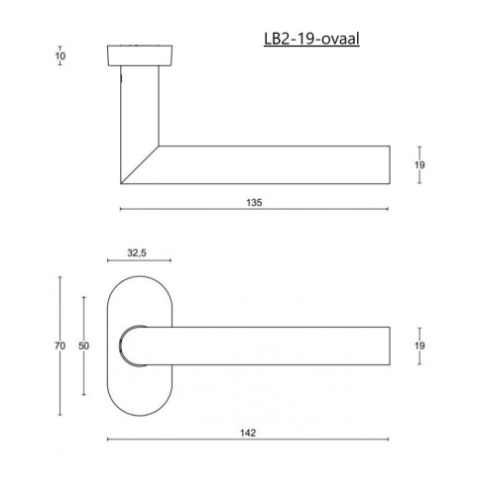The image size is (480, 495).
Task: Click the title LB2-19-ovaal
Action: [311, 39]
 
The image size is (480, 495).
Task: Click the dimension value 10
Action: [60, 55]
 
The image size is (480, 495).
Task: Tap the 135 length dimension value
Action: [254, 202]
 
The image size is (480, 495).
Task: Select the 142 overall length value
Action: [248, 433]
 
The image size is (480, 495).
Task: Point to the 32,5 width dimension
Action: [137, 252]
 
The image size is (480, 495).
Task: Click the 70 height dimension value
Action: [60, 346]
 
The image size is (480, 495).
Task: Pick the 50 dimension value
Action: [83, 346]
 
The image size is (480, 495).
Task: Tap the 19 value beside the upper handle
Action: [420, 164]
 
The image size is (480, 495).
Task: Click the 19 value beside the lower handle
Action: [420, 346]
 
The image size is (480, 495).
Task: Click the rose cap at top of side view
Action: [140, 55]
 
